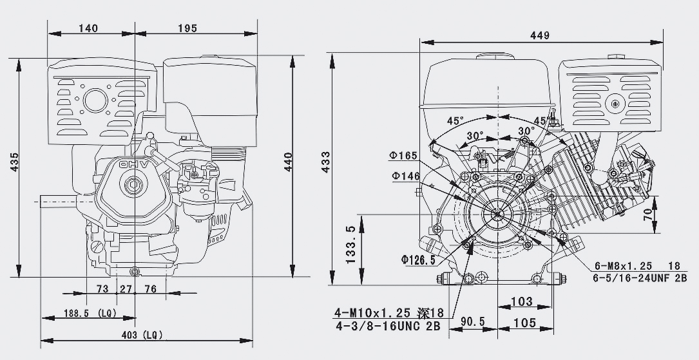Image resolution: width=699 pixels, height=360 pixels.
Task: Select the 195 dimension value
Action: pyautogui.click(x=187, y=28)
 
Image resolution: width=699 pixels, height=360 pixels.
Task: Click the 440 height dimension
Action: pyautogui.click(x=288, y=166)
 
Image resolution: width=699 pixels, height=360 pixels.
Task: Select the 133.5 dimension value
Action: pyautogui.click(x=350, y=245)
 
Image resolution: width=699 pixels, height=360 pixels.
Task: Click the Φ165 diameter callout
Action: pyautogui.click(x=404, y=155)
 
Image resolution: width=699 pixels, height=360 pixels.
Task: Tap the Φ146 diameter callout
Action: pyautogui.click(x=404, y=176)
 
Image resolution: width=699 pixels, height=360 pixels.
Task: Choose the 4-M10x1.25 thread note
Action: pyautogui.click(x=379, y=313)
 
